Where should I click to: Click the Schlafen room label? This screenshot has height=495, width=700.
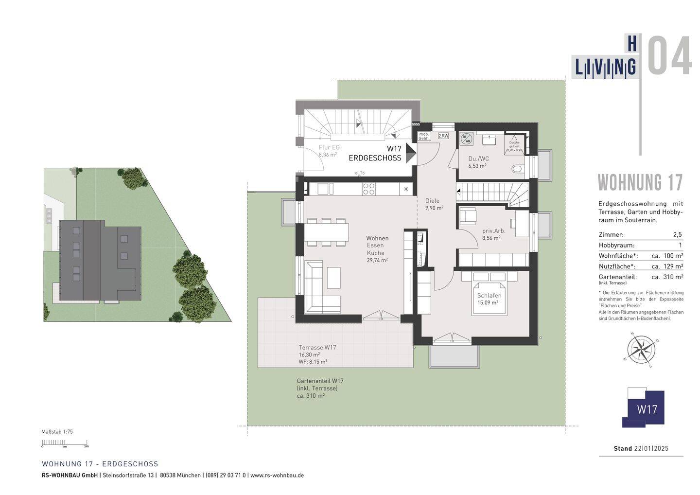489,296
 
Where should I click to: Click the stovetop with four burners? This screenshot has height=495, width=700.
368,188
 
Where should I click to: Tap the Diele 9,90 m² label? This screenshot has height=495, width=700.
434,204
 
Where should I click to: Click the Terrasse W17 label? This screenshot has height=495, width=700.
317,348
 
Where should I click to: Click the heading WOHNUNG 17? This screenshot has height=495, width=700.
640,183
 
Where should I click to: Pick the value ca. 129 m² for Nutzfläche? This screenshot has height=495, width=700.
667,266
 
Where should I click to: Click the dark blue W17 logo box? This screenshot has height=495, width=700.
647,409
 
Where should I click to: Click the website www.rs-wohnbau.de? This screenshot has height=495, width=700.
277,475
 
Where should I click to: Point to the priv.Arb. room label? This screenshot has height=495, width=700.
493,231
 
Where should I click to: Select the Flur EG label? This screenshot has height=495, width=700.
329,147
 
